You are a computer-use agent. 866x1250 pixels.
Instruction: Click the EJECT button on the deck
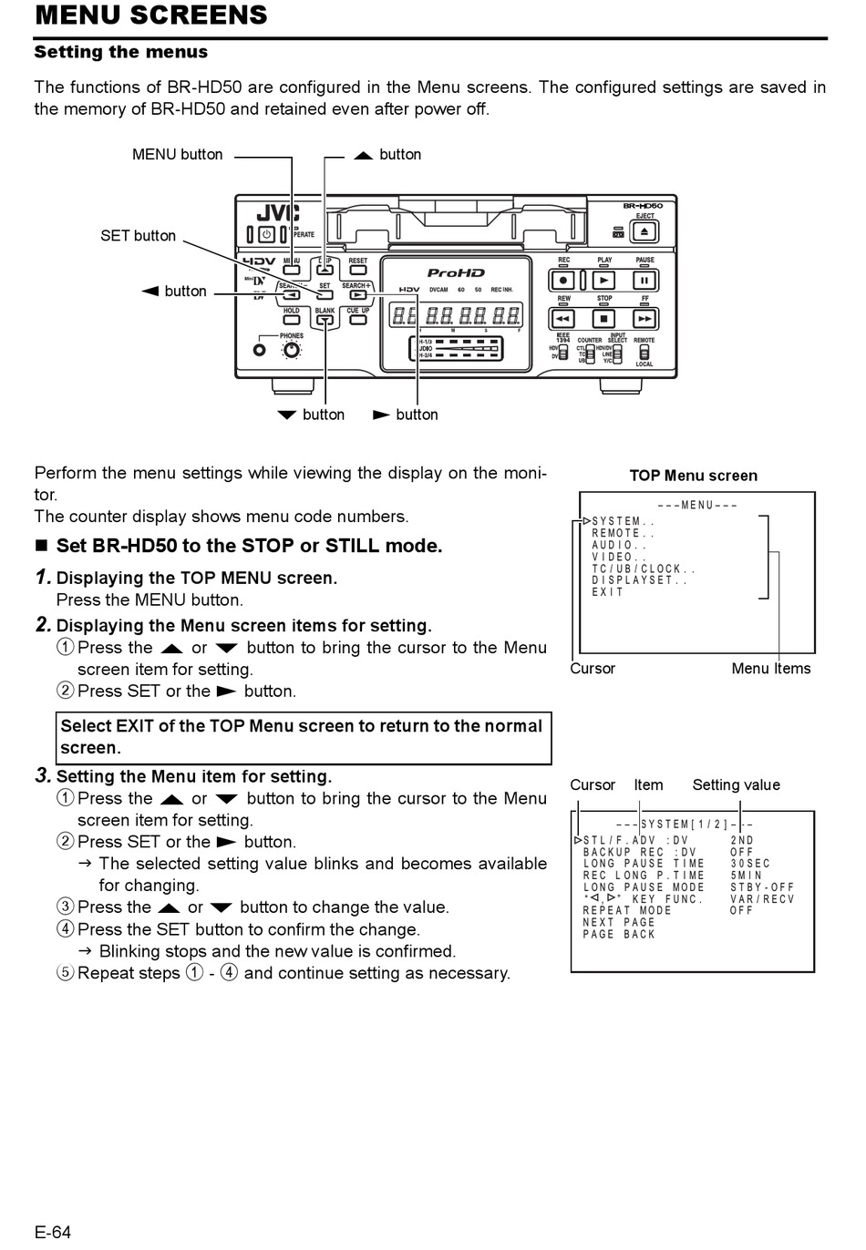pyautogui.click(x=644, y=231)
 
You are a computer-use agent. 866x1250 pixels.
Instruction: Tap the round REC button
pyautogui.click(x=564, y=281)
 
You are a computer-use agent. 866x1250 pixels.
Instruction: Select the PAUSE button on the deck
pyautogui.click(x=644, y=281)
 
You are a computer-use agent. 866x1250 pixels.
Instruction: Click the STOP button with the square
pyautogui.click(x=603, y=319)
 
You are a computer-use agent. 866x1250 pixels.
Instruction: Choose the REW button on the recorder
pyautogui.click(x=563, y=319)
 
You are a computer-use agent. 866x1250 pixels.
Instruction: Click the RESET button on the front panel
pyautogui.click(x=358, y=270)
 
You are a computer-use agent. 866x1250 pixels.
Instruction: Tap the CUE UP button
pyautogui.click(x=358, y=320)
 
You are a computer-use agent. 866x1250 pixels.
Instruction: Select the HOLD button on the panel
pyautogui.click(x=291, y=320)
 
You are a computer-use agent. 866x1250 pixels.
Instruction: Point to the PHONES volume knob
pyautogui.click(x=293, y=349)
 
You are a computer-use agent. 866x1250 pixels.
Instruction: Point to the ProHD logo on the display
pyautogui.click(x=456, y=272)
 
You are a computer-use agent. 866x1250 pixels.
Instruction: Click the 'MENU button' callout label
pyautogui.click(x=177, y=155)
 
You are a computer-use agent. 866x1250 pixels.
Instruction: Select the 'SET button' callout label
pyautogui.click(x=138, y=236)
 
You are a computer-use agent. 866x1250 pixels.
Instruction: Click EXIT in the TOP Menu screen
pyautogui.click(x=608, y=592)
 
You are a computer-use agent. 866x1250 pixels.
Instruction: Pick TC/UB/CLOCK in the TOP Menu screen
pyautogui.click(x=644, y=569)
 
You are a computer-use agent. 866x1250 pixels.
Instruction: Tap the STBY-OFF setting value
pyautogui.click(x=762, y=887)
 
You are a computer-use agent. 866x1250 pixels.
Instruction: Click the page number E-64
pyautogui.click(x=53, y=1233)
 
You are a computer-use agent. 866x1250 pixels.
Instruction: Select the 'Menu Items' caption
pyautogui.click(x=770, y=669)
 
